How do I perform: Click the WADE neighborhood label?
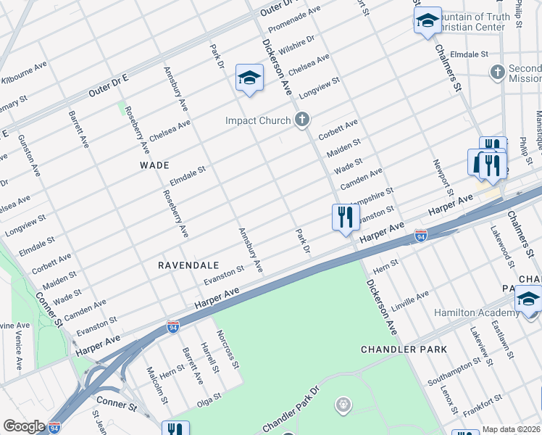[154, 165]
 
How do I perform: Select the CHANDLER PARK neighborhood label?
[404, 349]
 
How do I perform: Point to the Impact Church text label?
[257, 120]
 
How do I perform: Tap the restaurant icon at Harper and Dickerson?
[346, 217]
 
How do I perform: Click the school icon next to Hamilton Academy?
[528, 299]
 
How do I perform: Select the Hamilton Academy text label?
[475, 312]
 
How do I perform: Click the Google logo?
[24, 426]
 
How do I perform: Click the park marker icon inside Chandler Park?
[344, 404]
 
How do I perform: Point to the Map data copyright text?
[512, 429]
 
